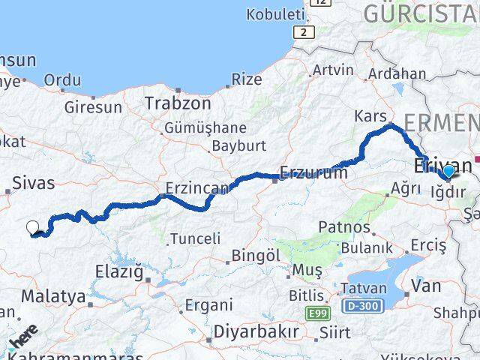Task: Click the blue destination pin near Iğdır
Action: pos(448,172)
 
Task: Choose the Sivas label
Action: pos(34,181)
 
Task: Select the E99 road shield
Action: pos(316,312)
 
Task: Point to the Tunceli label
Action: pos(196,238)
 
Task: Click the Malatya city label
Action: pos(53,296)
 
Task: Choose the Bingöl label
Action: pos(255,256)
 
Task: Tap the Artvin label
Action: pos(333,70)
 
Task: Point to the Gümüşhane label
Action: pos(194,127)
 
